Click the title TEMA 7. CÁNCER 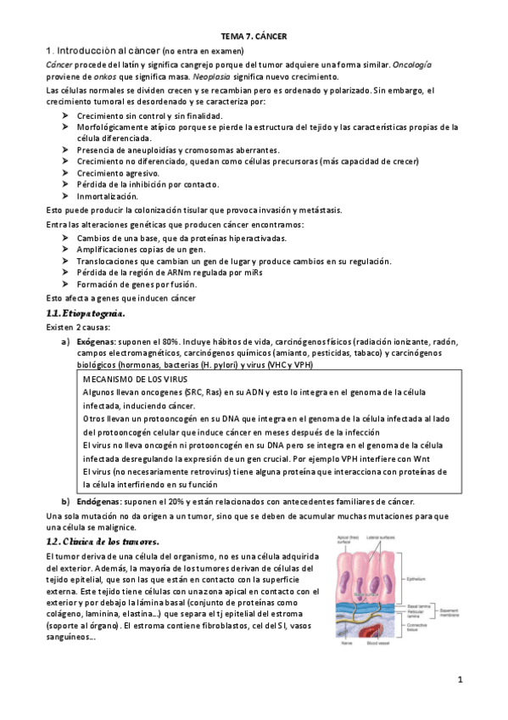click(254, 37)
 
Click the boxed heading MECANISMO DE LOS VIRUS click(140, 378)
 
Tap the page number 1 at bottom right click(459, 680)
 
